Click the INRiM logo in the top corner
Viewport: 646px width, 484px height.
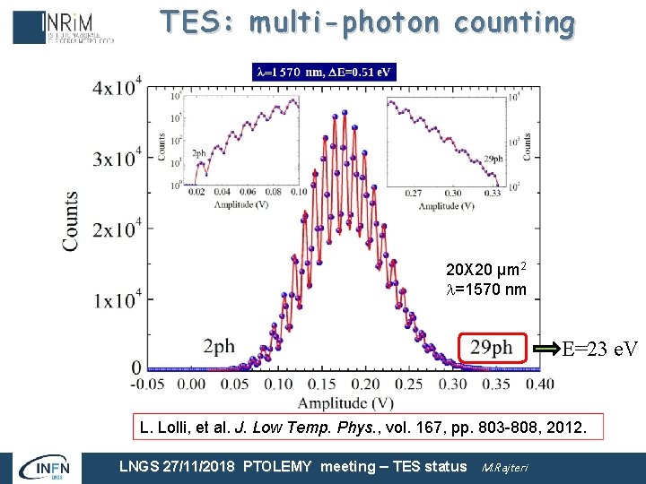tap(63, 27)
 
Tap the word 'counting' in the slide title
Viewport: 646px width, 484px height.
tap(513, 23)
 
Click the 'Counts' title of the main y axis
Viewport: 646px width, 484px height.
tap(69, 220)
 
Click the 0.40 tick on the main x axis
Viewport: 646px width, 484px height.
tap(538, 384)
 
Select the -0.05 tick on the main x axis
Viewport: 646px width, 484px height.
tap(148, 384)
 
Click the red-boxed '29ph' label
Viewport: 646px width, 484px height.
tap(491, 348)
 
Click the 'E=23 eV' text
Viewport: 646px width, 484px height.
tap(599, 349)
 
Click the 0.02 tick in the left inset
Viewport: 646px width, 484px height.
tap(196, 192)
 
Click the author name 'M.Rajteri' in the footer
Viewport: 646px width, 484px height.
tap(505, 466)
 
